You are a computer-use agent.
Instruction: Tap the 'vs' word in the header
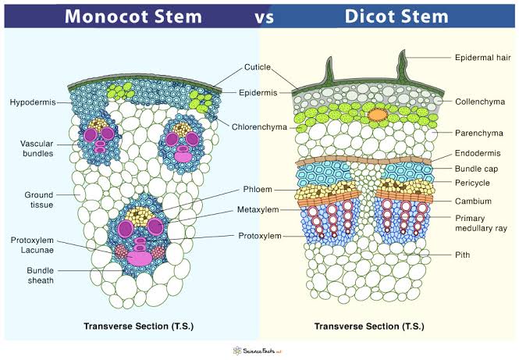(259, 16)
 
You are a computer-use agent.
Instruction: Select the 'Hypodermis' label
(31, 102)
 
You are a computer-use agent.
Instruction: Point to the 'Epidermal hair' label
(483, 57)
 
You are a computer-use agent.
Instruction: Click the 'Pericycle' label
(475, 184)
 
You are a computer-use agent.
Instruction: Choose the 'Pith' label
(464, 254)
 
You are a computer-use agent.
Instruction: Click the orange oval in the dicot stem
(378, 115)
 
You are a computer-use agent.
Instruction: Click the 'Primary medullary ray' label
(482, 224)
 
